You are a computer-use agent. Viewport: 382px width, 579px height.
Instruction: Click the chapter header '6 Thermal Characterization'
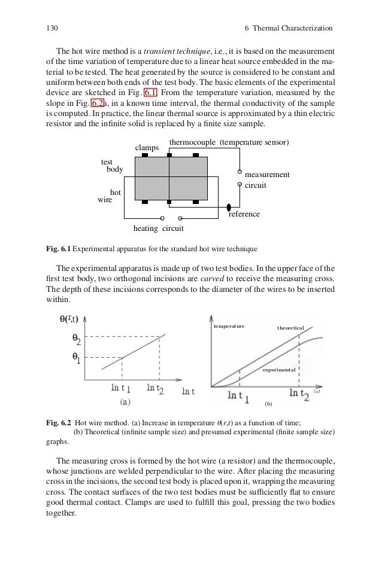tap(289, 28)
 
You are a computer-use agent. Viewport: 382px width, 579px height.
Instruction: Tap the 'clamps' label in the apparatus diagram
tap(147, 147)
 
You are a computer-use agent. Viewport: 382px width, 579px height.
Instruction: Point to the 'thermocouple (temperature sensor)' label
tap(229, 142)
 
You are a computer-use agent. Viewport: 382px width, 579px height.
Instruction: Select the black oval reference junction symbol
tap(229, 207)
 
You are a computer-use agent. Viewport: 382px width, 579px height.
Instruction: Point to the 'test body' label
tap(111, 166)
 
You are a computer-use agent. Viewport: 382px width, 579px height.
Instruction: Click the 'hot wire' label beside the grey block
tap(109, 197)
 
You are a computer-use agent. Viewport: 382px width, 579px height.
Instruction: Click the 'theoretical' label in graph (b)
tap(290, 328)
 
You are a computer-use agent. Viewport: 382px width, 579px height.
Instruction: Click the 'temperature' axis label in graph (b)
tap(229, 328)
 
